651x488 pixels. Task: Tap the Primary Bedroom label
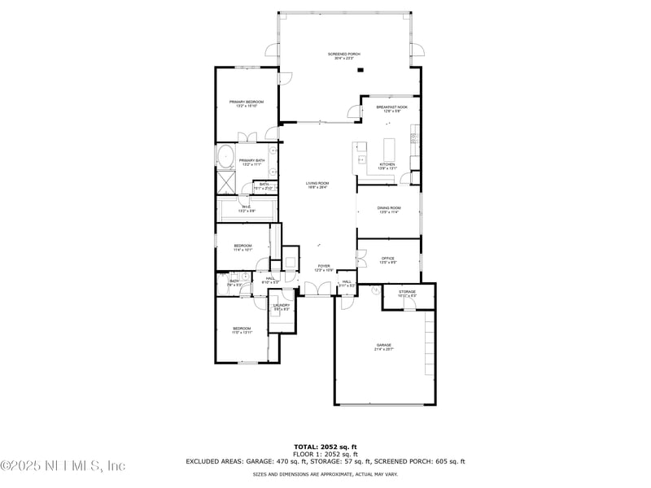[x=247, y=103]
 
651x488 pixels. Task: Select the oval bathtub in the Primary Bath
[x=225, y=157]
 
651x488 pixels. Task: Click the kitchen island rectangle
[x=387, y=150]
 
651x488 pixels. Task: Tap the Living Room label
[x=317, y=185]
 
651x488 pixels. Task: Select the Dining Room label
[x=388, y=210]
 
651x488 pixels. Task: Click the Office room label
[x=387, y=260]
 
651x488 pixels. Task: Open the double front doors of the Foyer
[x=316, y=288]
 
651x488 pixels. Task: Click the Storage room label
[x=407, y=293]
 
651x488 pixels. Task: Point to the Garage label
[x=383, y=346]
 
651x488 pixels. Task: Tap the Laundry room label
[x=282, y=307]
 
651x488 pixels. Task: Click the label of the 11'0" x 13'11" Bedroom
[x=242, y=330]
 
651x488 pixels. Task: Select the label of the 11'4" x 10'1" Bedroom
[x=242, y=247]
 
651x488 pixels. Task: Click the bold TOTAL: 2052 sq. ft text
[x=325, y=447]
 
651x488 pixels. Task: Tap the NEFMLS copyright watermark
[x=63, y=466]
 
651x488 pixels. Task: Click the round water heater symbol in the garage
[x=375, y=290]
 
